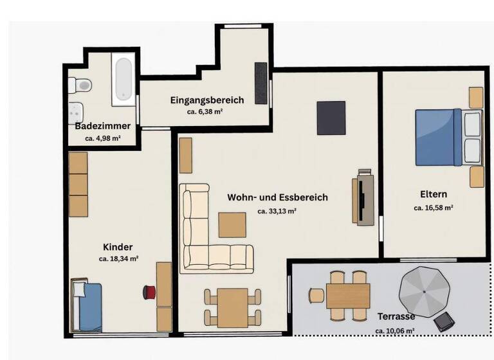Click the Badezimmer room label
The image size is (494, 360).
coord(103,125)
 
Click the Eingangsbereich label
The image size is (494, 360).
coord(206,100)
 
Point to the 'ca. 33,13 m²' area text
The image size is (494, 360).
coord(277,210)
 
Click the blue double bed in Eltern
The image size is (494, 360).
coord(439,137)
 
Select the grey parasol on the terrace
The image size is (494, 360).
coord(424,291)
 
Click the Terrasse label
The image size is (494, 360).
coord(396,317)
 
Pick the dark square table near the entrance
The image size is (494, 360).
coord(331,118)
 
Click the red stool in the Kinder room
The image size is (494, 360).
coord(149,292)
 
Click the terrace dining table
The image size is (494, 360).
coord(348,296)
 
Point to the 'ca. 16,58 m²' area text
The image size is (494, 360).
coord(434,208)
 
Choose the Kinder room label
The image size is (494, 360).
coord(118,247)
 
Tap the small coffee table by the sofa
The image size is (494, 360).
coord(232,225)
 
